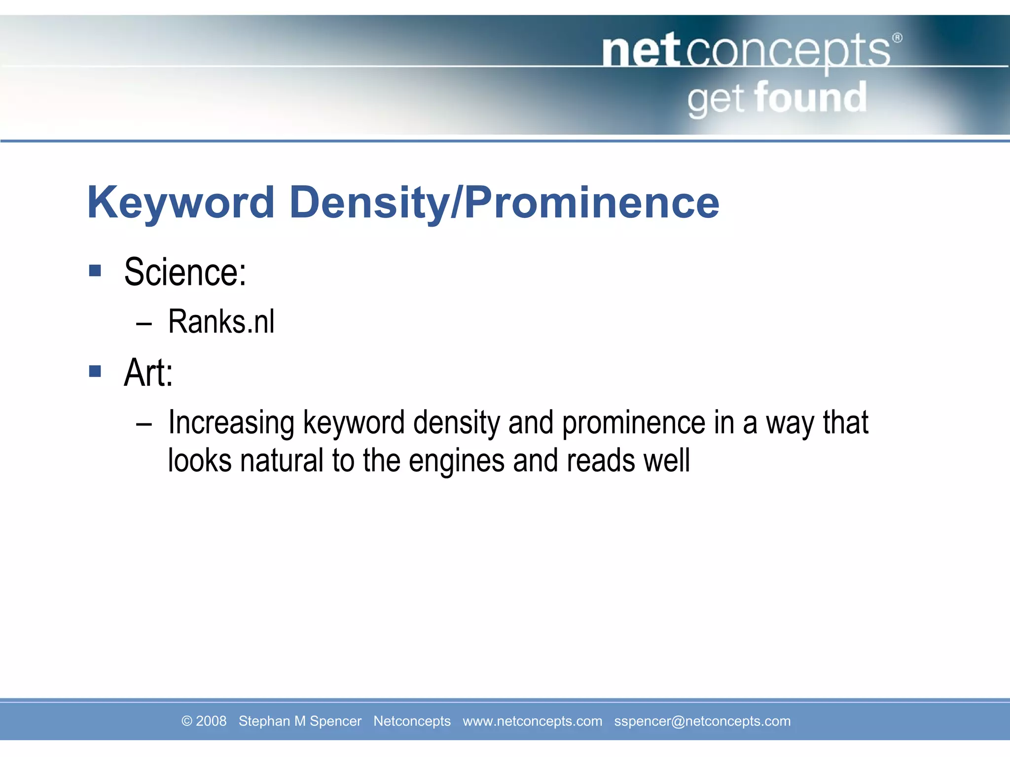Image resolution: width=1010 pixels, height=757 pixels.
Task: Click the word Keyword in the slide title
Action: pyautogui.click(x=180, y=203)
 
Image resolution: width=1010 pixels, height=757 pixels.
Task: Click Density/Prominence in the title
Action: pyautogui.click(x=504, y=203)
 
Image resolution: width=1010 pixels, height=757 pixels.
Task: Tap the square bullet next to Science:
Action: pyautogui.click(x=95, y=270)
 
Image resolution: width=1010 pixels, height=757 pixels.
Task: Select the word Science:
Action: pyautogui.click(x=185, y=272)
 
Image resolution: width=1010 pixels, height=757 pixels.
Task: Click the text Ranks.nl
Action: pyautogui.click(x=221, y=322)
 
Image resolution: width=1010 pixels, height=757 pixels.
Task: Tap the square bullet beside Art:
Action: pyautogui.click(x=95, y=371)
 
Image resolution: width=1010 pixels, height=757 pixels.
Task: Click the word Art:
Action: pyautogui.click(x=148, y=373)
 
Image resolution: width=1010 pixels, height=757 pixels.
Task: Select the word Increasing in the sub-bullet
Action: pyautogui.click(x=231, y=423)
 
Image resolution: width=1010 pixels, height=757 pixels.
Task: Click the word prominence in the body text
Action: pyautogui.click(x=633, y=423)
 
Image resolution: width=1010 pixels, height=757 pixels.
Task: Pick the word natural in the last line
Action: pyautogui.click(x=281, y=461)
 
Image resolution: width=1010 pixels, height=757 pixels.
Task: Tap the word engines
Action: pyautogui.click(x=457, y=461)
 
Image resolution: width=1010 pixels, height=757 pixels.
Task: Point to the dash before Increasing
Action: pyautogui.click(x=144, y=424)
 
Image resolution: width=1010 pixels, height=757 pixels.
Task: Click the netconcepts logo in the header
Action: pyautogui.click(x=746, y=51)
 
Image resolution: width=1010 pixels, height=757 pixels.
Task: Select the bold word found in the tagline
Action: pyautogui.click(x=810, y=98)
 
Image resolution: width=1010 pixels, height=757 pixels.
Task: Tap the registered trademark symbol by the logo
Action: pyautogui.click(x=898, y=38)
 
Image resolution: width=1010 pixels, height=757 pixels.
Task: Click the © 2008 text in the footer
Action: pyautogui.click(x=204, y=721)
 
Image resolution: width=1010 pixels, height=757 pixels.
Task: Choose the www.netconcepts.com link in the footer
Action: pyautogui.click(x=532, y=721)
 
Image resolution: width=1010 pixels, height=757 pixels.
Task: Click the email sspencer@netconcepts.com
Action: pyautogui.click(x=702, y=721)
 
